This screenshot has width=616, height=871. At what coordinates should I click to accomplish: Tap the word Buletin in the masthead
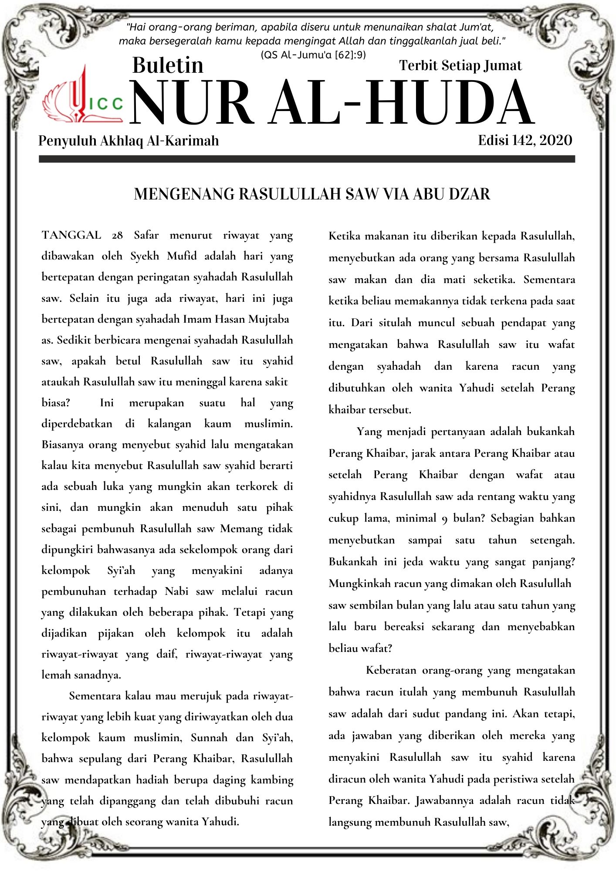[168, 65]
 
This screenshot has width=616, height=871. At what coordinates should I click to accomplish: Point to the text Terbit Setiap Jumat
[460, 65]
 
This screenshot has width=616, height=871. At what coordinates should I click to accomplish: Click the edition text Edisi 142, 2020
[525, 140]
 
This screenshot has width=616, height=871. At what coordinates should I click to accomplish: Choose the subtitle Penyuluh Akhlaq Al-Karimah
[129, 141]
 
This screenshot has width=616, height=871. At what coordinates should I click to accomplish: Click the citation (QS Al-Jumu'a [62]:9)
[313, 55]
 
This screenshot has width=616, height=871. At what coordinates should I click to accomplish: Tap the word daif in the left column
[166, 654]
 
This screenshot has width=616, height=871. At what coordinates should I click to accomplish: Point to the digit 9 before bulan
[444, 519]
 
